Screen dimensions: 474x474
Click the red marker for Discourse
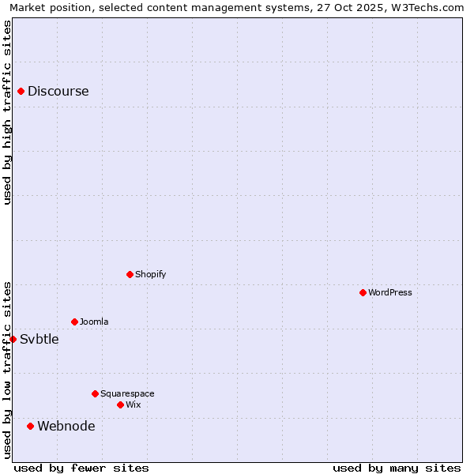[21, 91]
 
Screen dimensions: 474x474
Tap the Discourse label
[58, 91]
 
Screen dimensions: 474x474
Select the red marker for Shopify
[130, 274]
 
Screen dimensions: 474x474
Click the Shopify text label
[150, 274]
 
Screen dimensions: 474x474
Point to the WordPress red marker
[363, 292]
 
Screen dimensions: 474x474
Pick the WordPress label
[390, 292]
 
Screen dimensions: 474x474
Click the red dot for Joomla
[74, 322]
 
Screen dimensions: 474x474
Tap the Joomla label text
[94, 322]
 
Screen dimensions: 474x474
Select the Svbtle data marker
[13, 339]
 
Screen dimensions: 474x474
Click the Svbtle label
[39, 339]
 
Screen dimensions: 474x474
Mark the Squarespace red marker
[95, 393]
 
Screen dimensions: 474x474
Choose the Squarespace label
[127, 393]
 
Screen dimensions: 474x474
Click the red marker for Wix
[120, 404]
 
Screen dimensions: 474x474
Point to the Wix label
[134, 404]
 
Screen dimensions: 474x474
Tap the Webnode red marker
[31, 426]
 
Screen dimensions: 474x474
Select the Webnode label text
[66, 426]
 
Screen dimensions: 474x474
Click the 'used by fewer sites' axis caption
[81, 468]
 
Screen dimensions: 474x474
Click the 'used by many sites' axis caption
[397, 468]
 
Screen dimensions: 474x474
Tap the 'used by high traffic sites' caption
[7, 112]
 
